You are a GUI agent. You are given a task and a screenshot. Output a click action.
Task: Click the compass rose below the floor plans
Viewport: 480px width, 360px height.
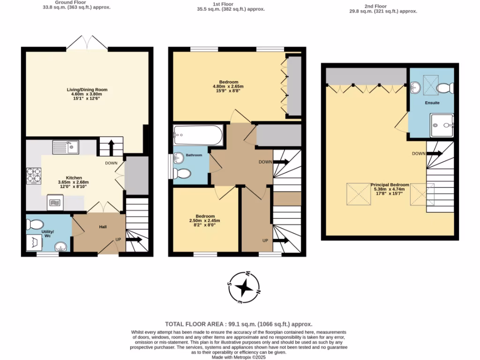(244, 287)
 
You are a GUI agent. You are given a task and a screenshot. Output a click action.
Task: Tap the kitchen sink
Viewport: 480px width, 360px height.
(66, 148)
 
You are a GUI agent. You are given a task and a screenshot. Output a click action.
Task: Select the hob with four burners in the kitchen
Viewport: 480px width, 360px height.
(35, 177)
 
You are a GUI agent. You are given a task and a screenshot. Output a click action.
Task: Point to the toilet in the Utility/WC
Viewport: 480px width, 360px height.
(36, 224)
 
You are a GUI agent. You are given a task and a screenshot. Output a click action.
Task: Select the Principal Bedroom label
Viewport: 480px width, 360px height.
(390, 185)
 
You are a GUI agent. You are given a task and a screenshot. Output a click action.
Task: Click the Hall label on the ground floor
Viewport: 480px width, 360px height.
(103, 227)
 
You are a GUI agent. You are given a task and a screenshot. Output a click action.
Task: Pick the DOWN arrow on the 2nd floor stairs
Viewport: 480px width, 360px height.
(434, 153)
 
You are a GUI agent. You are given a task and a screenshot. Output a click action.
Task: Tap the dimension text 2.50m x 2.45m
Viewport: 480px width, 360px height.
(204, 221)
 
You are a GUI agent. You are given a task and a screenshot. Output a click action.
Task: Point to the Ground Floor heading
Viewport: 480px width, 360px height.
(76, 3)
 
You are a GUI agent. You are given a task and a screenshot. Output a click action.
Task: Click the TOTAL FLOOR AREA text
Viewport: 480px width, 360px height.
(239, 324)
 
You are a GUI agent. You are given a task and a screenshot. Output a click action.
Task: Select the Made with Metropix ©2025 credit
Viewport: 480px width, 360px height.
(239, 357)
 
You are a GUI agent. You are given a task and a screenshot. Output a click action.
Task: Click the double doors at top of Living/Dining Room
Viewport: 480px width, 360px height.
(87, 43)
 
